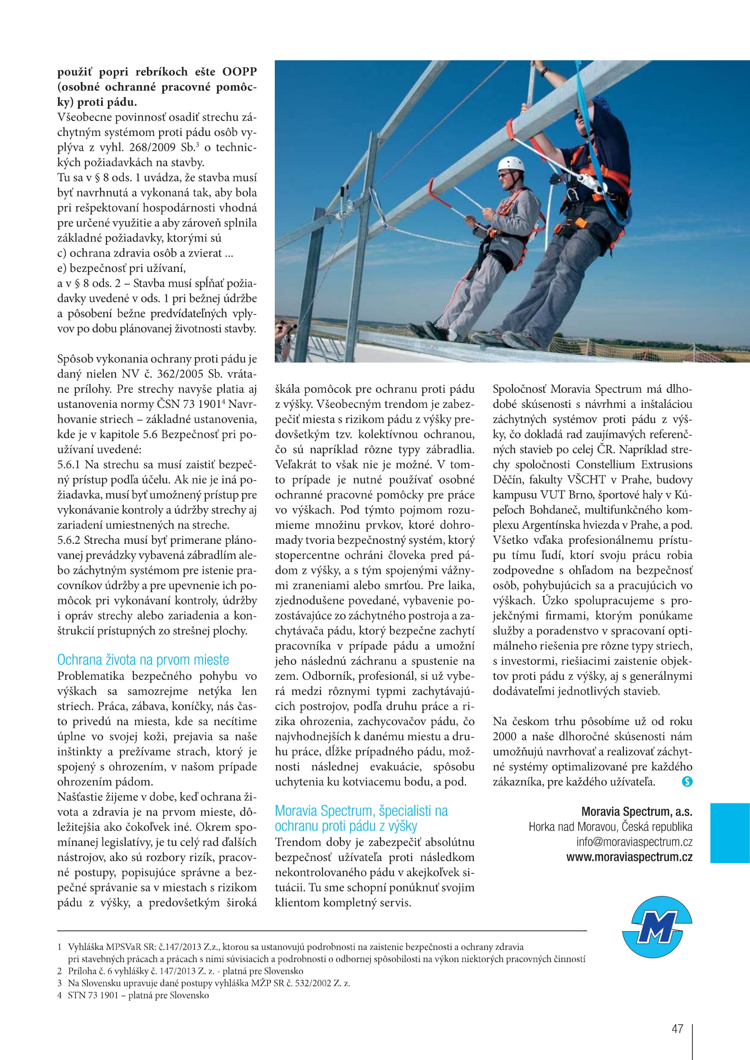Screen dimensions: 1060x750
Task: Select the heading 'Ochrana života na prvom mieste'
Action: pyautogui.click(x=143, y=660)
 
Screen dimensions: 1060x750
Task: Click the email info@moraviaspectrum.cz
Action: pyautogui.click(x=634, y=842)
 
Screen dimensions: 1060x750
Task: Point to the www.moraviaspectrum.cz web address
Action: pyautogui.click(x=629, y=857)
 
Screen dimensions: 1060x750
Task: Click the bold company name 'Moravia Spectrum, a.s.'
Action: pyautogui.click(x=637, y=812)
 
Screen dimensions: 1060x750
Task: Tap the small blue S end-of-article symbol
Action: pyautogui.click(x=687, y=782)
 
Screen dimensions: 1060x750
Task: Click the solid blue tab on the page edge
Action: pyautogui.click(x=730, y=833)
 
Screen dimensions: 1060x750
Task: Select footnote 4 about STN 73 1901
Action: pyautogui.click(x=134, y=995)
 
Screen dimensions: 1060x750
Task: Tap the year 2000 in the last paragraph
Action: pyautogui.click(x=505, y=736)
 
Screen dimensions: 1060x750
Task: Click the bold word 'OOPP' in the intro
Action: pyautogui.click(x=239, y=72)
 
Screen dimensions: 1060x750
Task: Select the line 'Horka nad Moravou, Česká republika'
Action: pyautogui.click(x=610, y=827)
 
